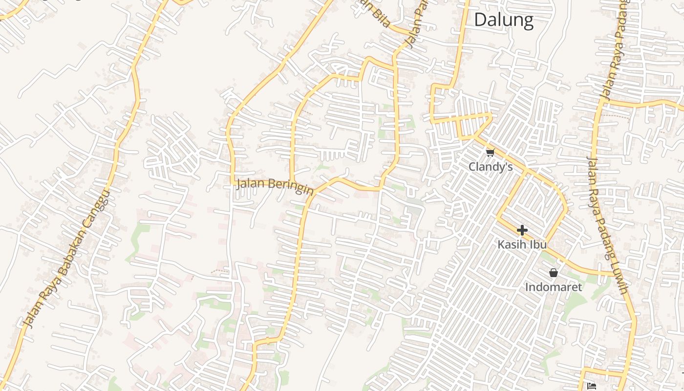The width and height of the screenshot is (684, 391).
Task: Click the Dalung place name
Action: [x=503, y=20]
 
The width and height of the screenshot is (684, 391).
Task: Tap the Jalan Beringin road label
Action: [x=275, y=186]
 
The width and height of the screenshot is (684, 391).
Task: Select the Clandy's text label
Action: [x=491, y=167]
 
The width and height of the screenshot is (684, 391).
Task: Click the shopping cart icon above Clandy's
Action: [x=491, y=153]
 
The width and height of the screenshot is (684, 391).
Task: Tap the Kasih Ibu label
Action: [x=522, y=244]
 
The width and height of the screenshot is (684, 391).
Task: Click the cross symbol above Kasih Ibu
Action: [x=522, y=230]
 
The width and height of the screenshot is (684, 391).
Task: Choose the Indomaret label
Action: [x=553, y=287]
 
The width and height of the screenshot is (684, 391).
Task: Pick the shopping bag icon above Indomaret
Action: [x=554, y=273]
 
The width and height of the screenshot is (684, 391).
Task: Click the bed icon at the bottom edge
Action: [x=592, y=387]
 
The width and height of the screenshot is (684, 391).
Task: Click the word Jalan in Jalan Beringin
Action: [x=251, y=184]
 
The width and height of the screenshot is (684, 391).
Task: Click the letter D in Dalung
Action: [x=481, y=20]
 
